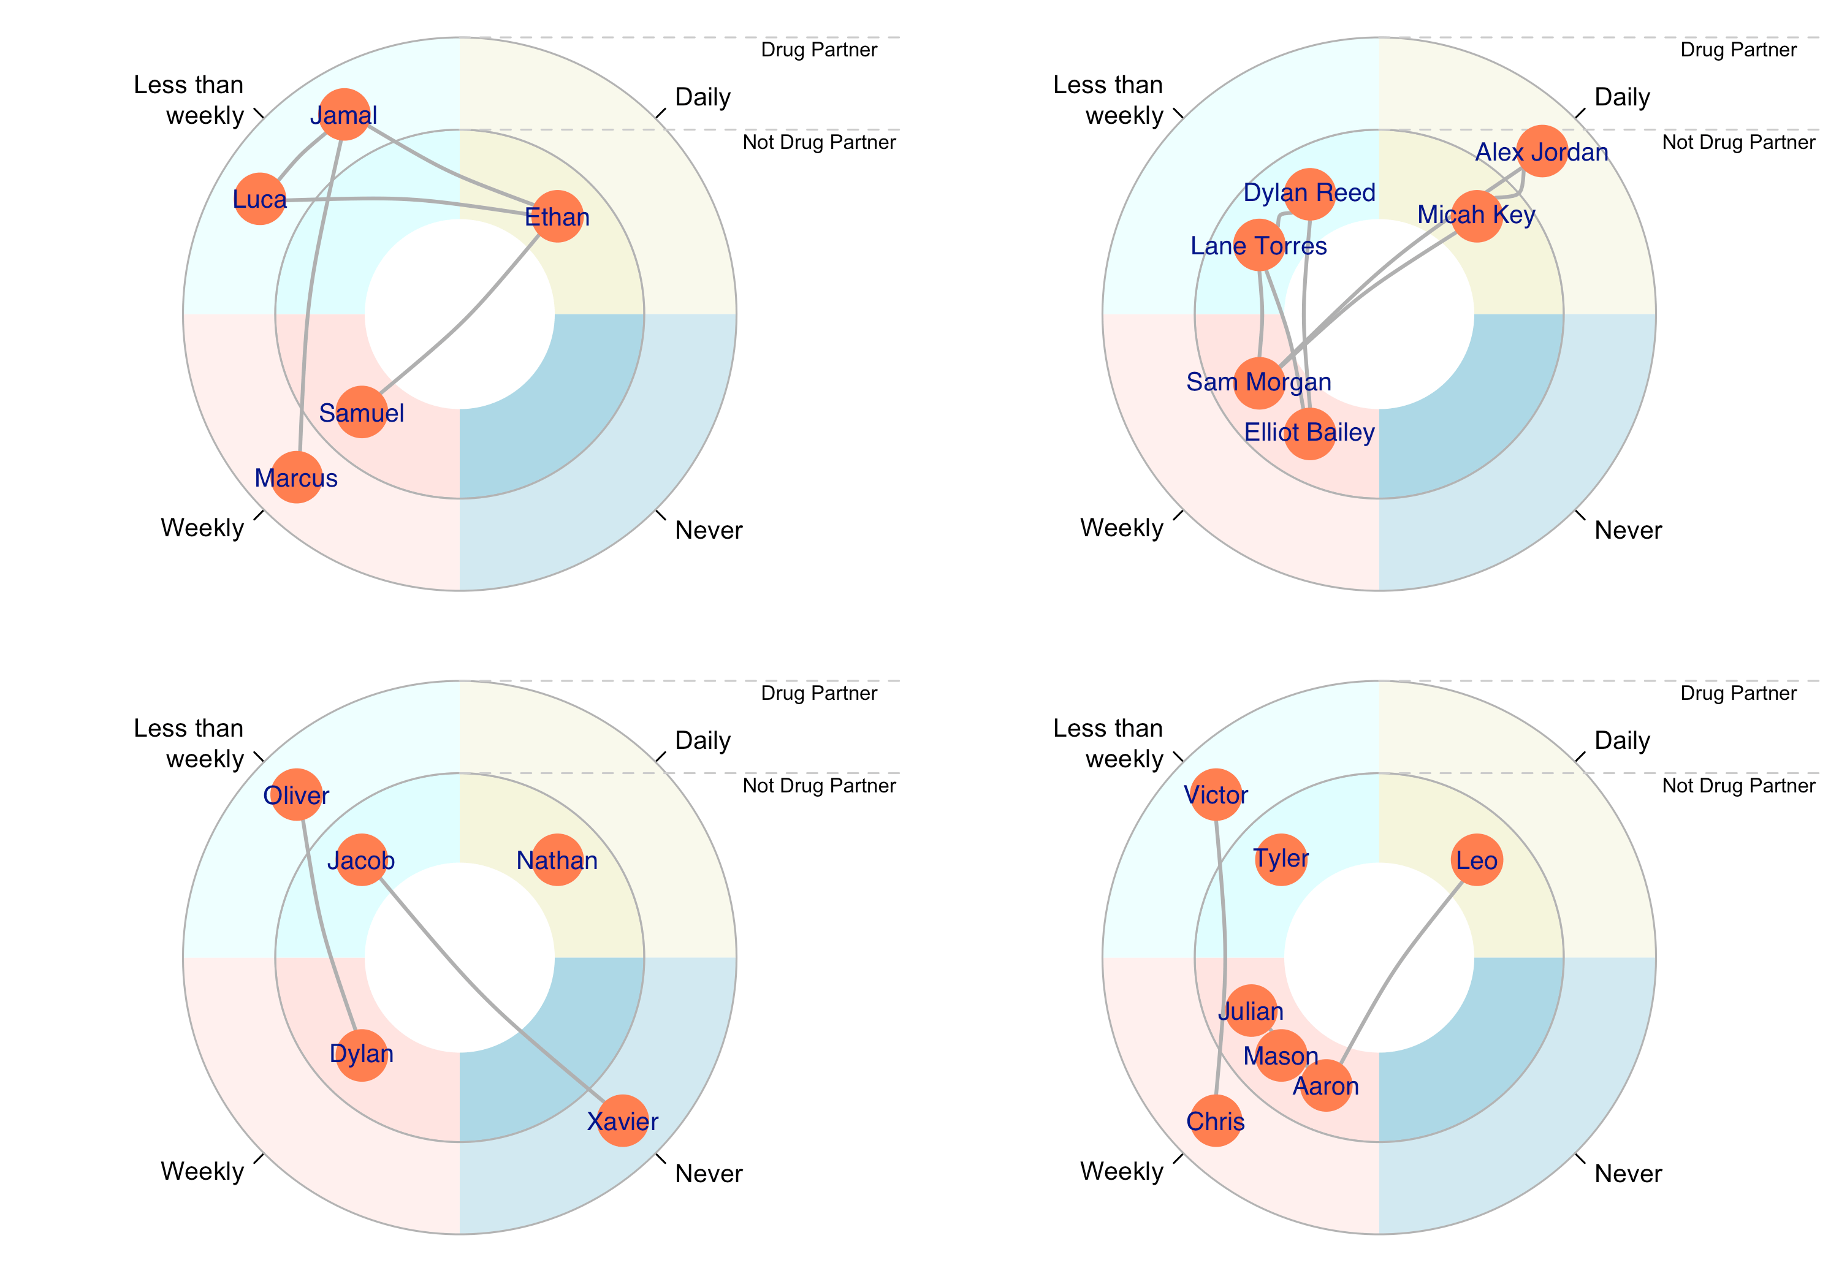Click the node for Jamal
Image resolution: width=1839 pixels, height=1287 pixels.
coord(344,115)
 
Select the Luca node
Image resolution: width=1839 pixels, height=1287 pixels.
coord(259,199)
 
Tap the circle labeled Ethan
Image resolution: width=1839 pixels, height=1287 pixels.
coord(557,216)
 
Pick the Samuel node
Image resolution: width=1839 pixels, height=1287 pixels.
coord(361,412)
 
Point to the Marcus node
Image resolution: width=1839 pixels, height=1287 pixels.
coord(296,477)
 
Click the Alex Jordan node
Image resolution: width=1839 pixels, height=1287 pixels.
coord(1542,151)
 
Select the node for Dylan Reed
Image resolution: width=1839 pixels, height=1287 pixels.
coord(1309,193)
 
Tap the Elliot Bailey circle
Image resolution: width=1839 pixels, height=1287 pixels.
coord(1309,433)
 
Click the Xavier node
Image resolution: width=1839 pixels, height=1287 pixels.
coord(622,1120)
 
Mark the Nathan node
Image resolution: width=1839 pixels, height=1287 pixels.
coord(557,860)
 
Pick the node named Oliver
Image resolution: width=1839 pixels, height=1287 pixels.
coord(296,794)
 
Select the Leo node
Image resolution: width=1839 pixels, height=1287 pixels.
coord(1476,860)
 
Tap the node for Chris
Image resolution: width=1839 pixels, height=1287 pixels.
coord(1216,1120)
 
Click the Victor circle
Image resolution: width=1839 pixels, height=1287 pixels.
coord(1216,794)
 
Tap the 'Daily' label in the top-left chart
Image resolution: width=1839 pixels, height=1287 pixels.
coord(702,97)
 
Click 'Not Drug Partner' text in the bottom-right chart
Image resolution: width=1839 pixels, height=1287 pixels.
coord(1738,786)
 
